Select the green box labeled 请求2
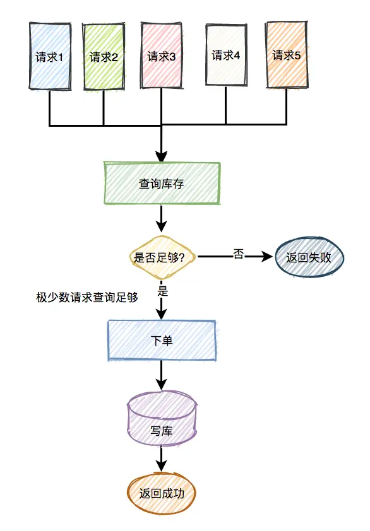tap(104, 57)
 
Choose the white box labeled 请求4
tap(225, 55)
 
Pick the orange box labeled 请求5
tap(286, 55)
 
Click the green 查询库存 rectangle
tap(162, 184)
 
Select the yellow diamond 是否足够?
tap(162, 257)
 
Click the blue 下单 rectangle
tap(162, 341)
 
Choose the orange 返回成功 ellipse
tap(162, 493)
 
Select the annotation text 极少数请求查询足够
tap(87, 296)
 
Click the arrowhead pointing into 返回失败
tap(270, 257)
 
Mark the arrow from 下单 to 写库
tap(162, 376)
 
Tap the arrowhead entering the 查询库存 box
tap(162, 157)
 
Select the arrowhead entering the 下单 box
tap(162, 315)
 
